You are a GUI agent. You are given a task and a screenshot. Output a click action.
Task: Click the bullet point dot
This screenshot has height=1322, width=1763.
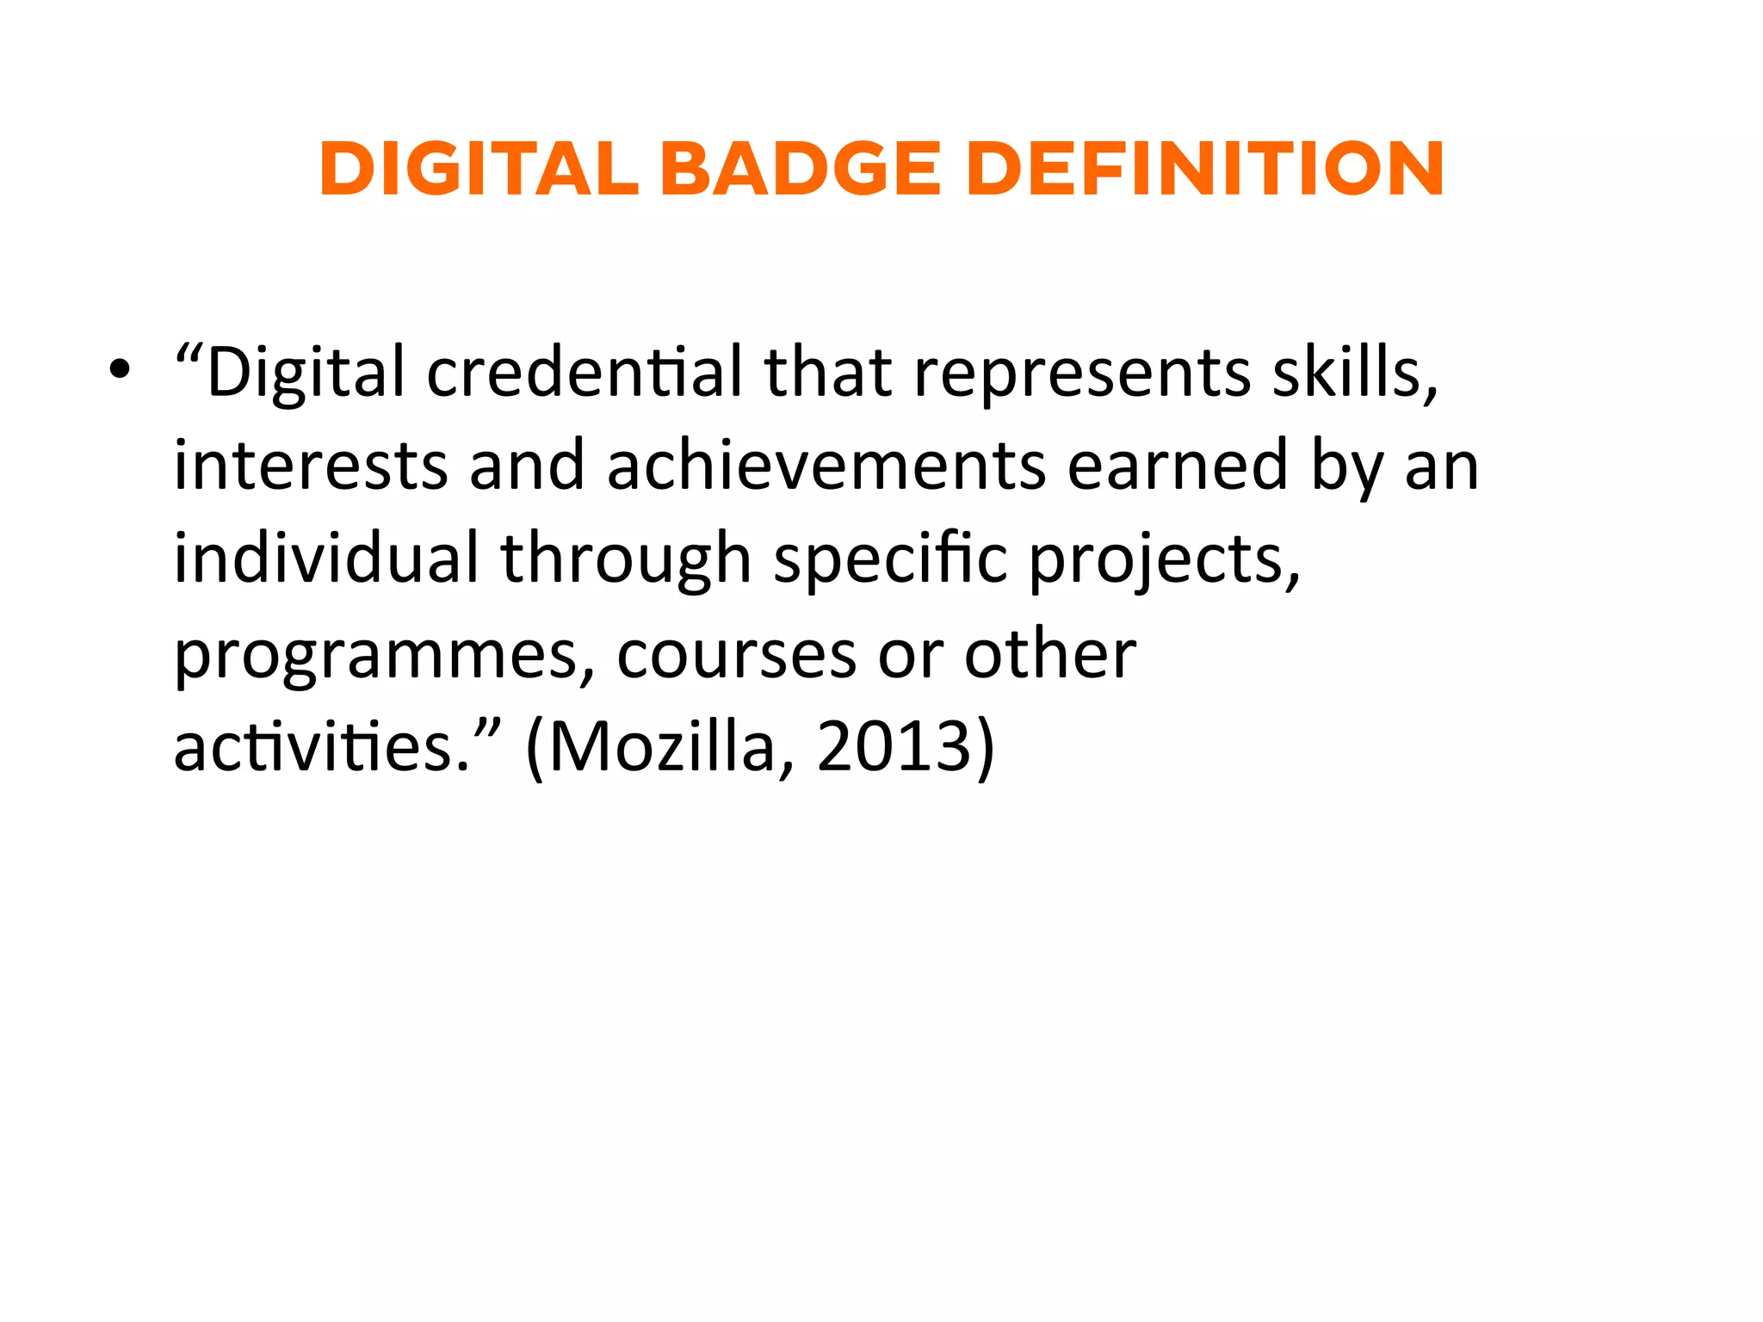click(120, 371)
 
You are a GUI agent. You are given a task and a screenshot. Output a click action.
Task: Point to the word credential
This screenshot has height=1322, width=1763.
click(585, 373)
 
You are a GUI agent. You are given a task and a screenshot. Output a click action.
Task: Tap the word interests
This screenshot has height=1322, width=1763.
click(311, 466)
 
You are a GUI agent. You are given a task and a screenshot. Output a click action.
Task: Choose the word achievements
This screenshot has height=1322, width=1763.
click(826, 466)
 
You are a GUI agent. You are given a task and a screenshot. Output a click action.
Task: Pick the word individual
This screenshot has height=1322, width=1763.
click(326, 559)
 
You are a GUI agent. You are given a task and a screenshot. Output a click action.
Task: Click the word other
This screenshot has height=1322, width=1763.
click(1049, 652)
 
